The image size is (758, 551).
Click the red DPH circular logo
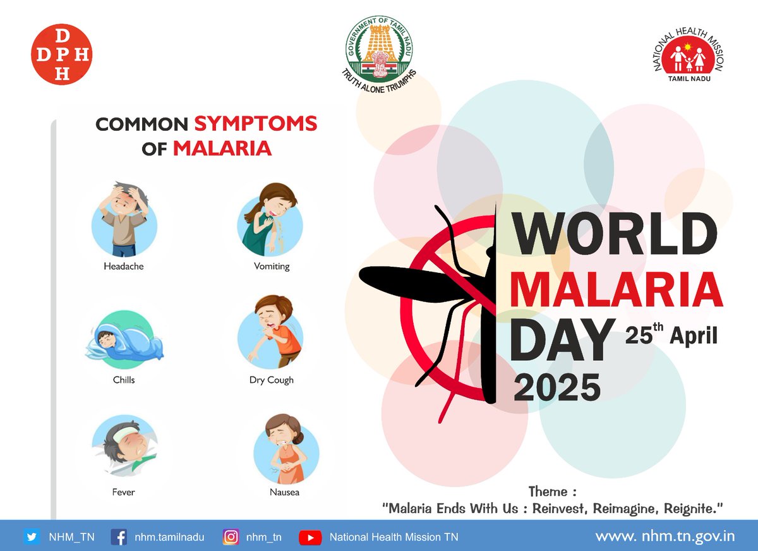pos(61,55)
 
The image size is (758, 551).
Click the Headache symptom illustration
pos(124,219)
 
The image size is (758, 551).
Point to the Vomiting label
pos(272,267)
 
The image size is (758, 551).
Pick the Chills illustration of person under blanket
pos(124,340)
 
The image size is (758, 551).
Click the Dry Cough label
pos(271,380)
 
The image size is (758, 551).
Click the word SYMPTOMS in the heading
pos(255,124)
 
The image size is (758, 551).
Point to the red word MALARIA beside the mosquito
pos(616,289)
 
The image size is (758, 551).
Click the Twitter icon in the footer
pos(32,537)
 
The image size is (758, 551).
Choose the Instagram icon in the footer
pos(231,537)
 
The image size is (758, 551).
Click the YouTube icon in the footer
pos(310,537)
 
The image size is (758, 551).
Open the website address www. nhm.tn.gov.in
pos(665,536)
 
